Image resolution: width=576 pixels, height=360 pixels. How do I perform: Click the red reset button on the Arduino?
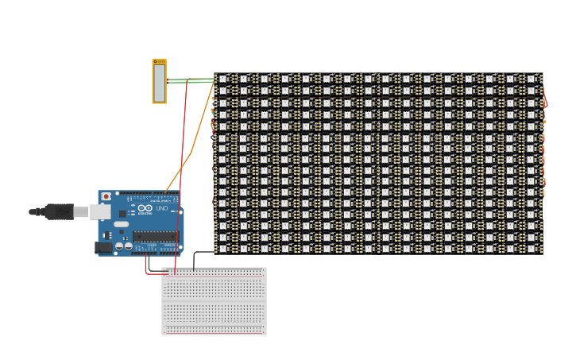coord(106,196)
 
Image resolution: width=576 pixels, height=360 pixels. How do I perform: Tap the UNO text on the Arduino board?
coord(162,208)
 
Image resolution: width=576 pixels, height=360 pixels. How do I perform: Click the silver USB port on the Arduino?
coord(100,211)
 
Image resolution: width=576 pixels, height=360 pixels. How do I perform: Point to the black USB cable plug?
coord(58,211)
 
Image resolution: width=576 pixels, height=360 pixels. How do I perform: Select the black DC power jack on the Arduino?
coord(102,247)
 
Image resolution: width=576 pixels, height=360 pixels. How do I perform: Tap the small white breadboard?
coord(214,301)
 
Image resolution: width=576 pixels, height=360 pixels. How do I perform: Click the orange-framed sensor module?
coord(160,82)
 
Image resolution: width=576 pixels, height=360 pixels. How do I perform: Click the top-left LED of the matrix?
coord(222,79)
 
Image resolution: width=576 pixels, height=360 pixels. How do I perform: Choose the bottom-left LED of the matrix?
coord(222,249)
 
